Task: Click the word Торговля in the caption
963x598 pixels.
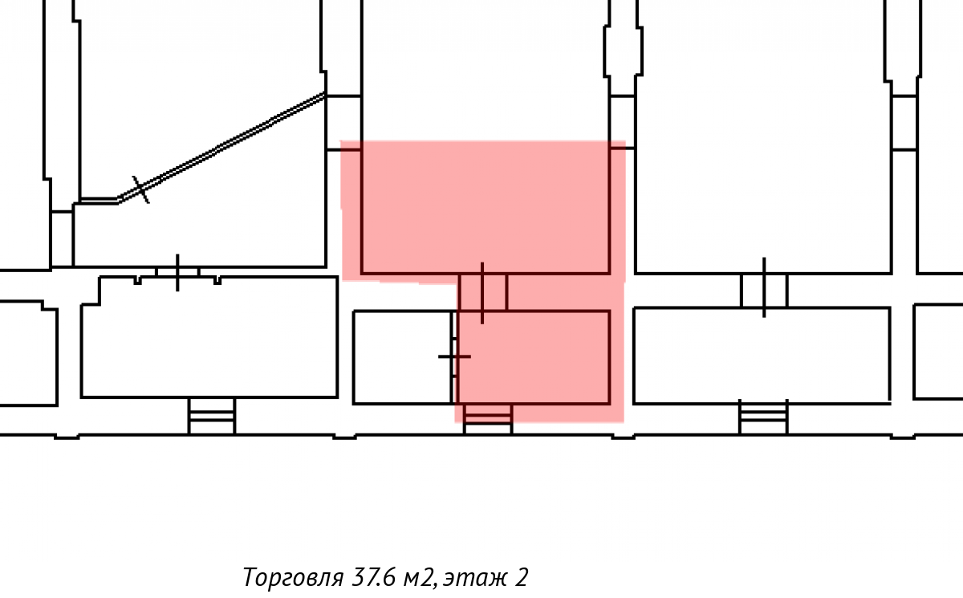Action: [293, 577]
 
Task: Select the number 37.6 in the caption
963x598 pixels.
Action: [373, 577]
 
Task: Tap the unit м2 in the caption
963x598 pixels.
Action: [419, 578]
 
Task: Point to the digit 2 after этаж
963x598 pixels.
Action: [521, 577]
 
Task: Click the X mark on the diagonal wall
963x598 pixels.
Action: [140, 189]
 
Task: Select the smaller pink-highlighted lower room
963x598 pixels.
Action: [534, 357]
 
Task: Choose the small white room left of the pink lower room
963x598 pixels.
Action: [402, 357]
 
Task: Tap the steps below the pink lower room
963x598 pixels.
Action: [488, 419]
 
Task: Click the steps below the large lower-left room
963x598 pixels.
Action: [212, 416]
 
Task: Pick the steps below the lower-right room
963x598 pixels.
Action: [763, 417]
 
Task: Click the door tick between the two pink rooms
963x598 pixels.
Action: [482, 293]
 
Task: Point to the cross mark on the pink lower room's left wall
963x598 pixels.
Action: [454, 356]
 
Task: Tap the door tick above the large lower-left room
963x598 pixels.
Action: [177, 273]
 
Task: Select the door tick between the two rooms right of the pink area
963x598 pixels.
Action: [764, 287]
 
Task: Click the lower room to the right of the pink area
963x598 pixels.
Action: [762, 356]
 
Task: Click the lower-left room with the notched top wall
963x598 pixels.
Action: [209, 337]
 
